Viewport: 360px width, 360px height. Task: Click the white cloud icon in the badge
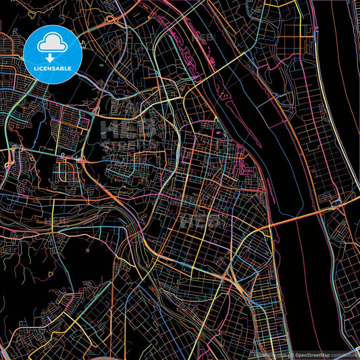[52, 44]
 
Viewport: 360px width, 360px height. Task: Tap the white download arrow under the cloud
[52, 57]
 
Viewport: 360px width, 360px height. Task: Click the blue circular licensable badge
[52, 54]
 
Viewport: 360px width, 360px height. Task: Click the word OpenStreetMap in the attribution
[312, 355]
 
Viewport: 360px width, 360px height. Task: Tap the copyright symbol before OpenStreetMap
[292, 355]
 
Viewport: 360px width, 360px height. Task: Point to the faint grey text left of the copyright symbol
[270, 355]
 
